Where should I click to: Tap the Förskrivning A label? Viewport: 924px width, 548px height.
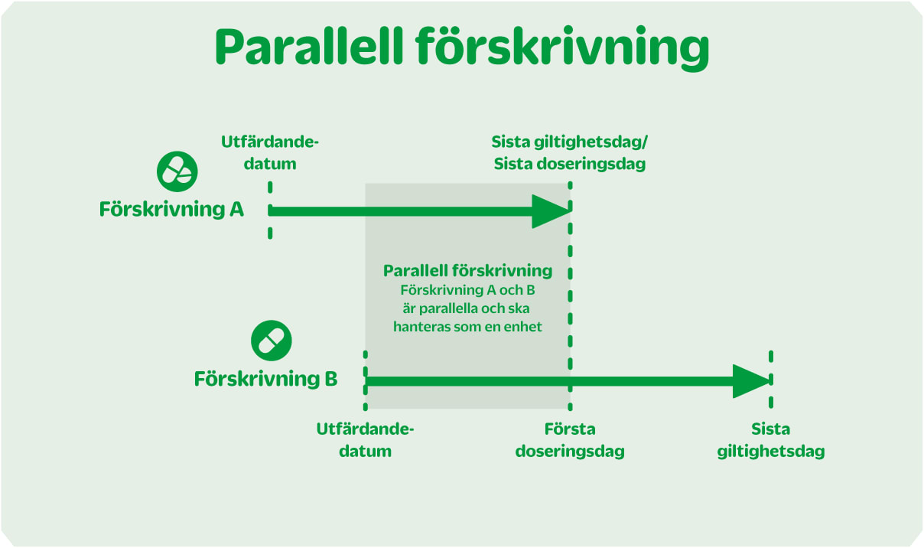click(x=171, y=209)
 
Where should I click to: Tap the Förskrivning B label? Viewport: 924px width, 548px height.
click(x=265, y=379)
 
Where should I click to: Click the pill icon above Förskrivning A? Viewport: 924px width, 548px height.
click(x=177, y=171)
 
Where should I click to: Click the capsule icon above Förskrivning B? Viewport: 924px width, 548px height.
click(x=272, y=340)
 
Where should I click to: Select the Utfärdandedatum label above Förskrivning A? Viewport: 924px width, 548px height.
click(x=269, y=152)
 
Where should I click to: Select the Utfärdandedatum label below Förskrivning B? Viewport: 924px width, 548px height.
click(x=365, y=440)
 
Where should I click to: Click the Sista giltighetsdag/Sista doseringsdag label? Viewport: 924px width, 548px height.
click(x=570, y=152)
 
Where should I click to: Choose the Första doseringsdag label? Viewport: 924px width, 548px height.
click(x=570, y=440)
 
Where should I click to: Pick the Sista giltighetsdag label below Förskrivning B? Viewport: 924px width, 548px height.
click(x=771, y=440)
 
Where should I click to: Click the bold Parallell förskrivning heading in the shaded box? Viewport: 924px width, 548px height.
click(x=467, y=270)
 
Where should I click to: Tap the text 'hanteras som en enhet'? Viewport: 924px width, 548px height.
click(x=467, y=327)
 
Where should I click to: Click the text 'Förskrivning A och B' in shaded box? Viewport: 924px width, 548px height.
click(x=467, y=290)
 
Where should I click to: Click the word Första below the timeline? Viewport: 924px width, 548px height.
click(x=570, y=429)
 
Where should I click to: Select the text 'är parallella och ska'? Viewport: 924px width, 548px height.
click(x=467, y=308)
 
